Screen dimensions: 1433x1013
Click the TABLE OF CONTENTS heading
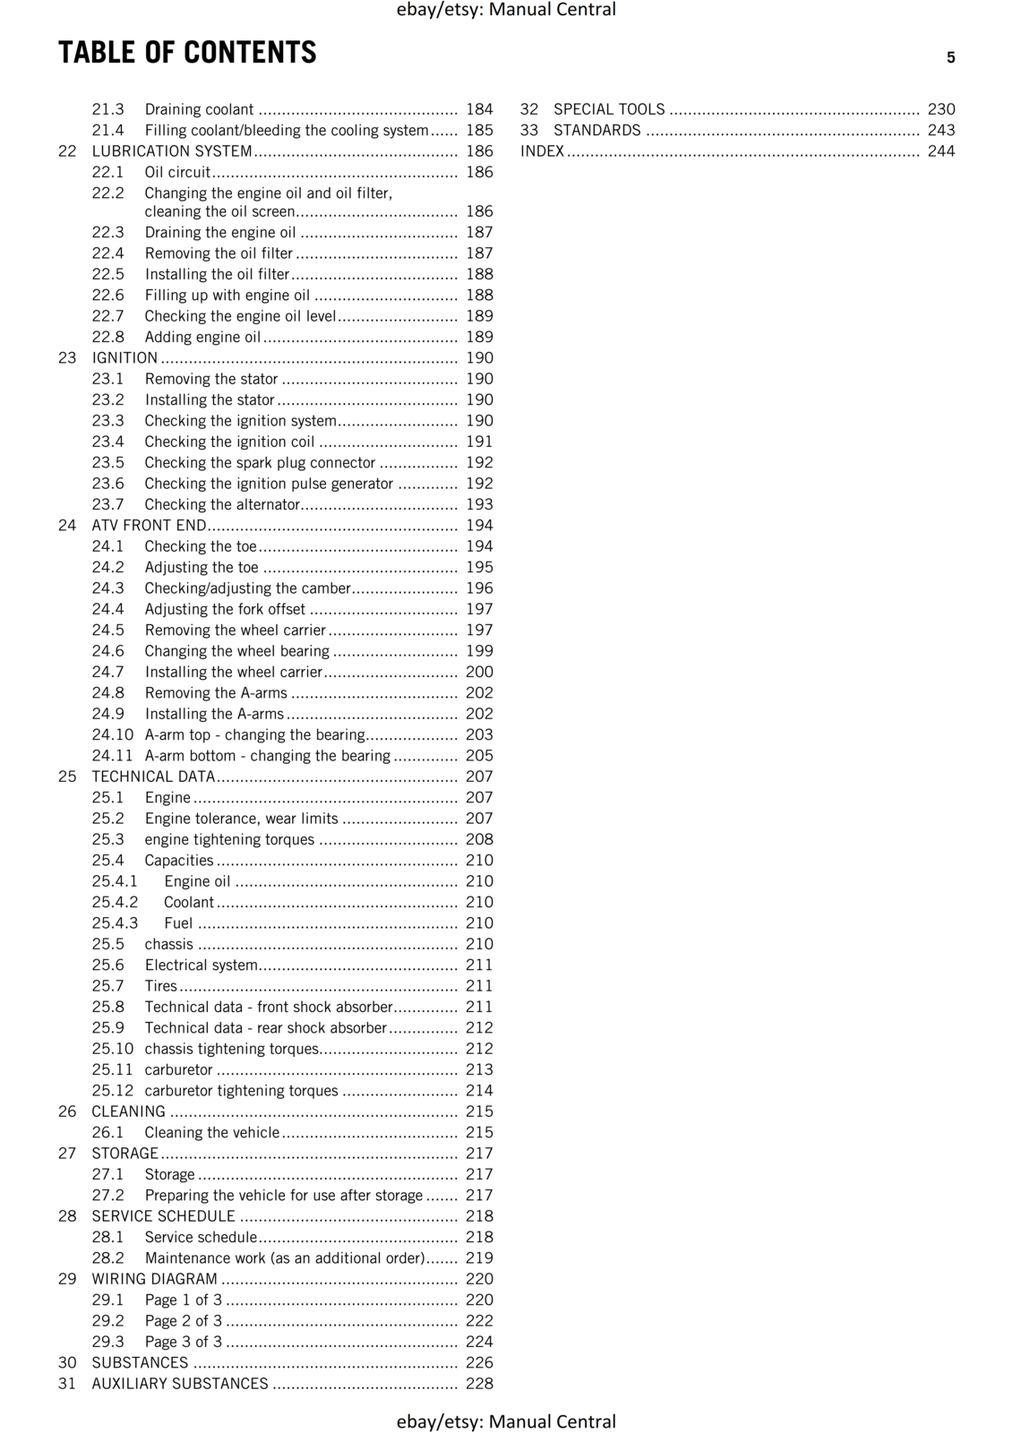coord(187,53)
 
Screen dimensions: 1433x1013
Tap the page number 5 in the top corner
coord(950,58)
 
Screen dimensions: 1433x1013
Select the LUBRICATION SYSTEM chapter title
coord(172,151)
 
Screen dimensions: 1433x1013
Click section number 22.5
coord(107,274)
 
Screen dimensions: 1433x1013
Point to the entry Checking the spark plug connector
coord(260,463)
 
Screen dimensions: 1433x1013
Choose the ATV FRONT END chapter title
coord(149,526)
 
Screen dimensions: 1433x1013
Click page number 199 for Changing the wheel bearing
coord(479,651)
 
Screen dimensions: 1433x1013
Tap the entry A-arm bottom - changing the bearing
coord(267,756)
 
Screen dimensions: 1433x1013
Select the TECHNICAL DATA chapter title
coord(153,777)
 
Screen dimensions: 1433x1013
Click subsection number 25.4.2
coord(115,902)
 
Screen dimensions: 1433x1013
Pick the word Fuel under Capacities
coord(178,923)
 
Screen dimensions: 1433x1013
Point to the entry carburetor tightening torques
coord(241,1091)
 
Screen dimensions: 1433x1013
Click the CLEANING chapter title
coord(128,1111)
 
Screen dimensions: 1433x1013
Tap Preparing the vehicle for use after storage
coord(283,1196)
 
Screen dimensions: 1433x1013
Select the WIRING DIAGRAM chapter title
coord(154,1279)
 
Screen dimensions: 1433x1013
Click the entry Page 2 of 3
coord(183,1321)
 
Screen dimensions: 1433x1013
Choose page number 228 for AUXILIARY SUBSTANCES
coord(479,1384)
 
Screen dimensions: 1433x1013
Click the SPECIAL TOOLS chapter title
coord(609,109)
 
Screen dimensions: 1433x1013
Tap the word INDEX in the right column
coord(542,151)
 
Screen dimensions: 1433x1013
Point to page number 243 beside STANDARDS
coord(941,131)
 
